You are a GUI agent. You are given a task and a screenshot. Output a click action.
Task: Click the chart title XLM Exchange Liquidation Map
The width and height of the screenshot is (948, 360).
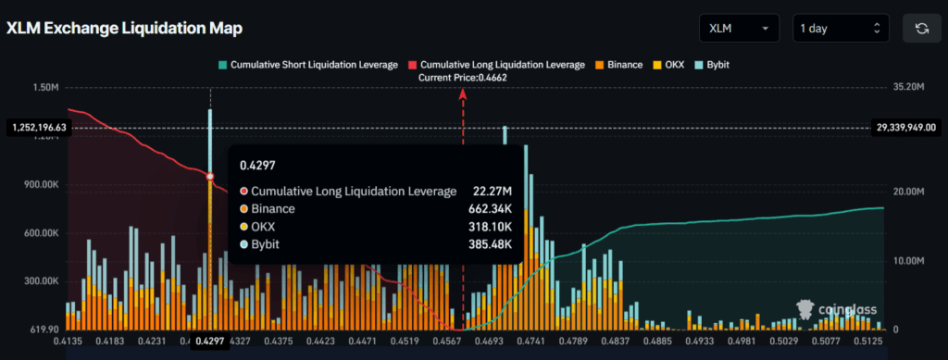124,29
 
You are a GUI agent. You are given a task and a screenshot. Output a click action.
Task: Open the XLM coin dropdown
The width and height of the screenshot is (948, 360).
738,29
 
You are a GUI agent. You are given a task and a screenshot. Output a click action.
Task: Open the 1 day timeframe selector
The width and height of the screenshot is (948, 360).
841,29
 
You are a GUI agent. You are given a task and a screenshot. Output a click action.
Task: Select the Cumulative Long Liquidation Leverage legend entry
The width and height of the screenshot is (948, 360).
495,65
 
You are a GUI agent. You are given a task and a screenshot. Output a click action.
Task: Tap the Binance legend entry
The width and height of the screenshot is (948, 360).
620,65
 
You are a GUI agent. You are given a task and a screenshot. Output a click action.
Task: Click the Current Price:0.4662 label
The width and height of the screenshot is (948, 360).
463,78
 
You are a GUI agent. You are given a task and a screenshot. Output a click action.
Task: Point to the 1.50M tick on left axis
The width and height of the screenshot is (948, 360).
45,87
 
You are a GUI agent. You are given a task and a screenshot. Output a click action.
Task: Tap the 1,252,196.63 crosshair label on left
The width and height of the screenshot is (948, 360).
37,127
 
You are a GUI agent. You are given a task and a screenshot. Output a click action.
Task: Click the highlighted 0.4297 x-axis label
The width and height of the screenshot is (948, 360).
210,342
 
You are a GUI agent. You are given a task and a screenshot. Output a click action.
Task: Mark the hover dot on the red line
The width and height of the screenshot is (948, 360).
210,176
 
